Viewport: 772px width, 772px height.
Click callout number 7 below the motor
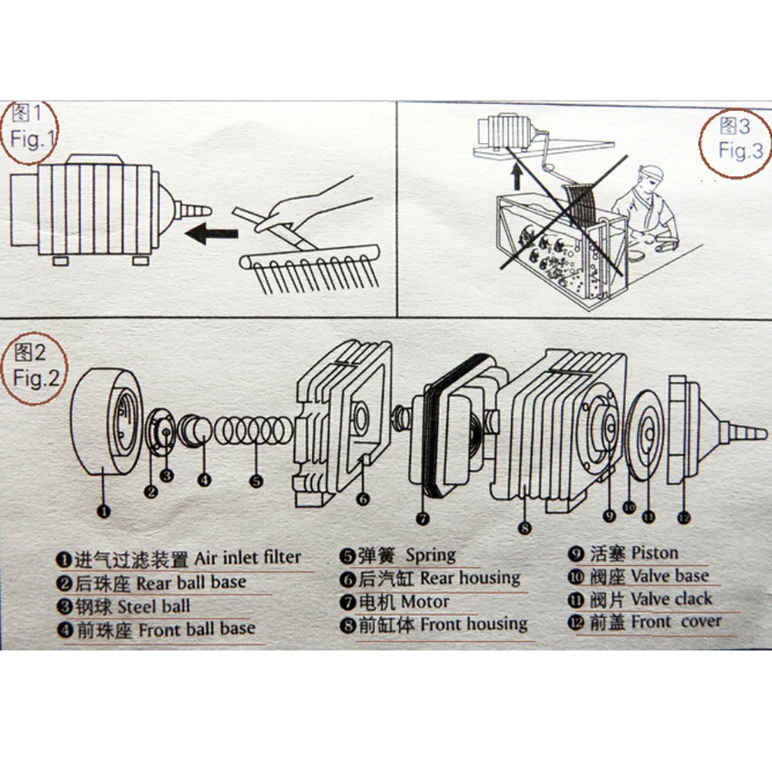coord(422,519)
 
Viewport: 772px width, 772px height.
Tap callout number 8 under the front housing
coord(524,528)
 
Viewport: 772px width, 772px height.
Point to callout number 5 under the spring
coord(256,480)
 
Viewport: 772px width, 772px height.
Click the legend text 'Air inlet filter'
coord(247,557)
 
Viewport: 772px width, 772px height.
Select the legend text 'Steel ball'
coord(154,606)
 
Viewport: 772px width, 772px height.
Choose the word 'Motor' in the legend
coord(425,601)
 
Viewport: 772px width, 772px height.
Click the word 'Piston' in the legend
coord(654,553)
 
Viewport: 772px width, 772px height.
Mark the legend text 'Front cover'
coord(675,621)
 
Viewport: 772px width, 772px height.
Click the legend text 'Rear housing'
coord(470,577)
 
